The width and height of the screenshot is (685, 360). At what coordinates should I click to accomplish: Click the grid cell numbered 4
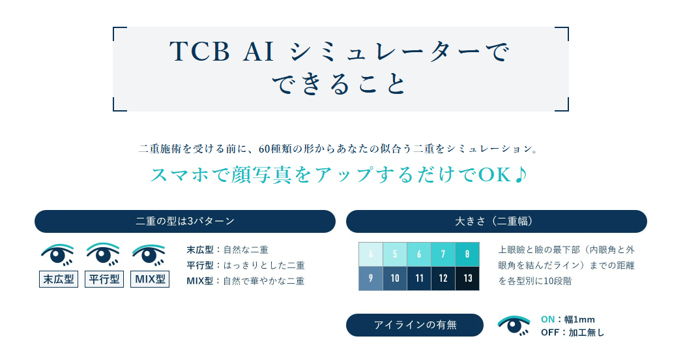tap(370, 254)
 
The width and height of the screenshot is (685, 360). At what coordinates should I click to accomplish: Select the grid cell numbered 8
tap(467, 254)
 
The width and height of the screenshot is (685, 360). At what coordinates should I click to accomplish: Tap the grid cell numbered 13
tap(467, 278)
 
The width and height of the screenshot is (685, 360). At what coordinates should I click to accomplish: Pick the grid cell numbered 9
tap(370, 278)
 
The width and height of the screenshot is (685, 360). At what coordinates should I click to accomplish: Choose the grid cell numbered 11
tap(419, 278)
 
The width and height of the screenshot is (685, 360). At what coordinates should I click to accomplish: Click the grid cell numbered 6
tap(419, 254)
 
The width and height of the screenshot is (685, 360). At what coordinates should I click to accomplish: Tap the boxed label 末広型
tap(59, 280)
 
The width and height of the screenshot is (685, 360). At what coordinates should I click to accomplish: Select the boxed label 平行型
tap(104, 280)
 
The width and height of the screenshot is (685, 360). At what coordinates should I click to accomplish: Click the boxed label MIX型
tap(150, 280)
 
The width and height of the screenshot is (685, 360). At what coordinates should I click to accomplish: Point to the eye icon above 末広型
tap(58, 254)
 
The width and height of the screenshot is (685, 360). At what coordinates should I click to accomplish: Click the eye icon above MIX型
tap(149, 254)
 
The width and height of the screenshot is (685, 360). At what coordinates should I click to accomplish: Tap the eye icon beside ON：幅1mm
tap(514, 325)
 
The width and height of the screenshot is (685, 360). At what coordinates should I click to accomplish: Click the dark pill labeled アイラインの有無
tap(415, 325)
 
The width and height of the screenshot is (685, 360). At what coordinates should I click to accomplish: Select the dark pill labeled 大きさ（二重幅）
tap(496, 222)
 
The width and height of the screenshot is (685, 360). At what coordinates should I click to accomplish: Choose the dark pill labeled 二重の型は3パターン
tap(184, 222)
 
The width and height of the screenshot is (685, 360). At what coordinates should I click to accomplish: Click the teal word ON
tap(547, 320)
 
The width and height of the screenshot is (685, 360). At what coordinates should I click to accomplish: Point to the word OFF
tap(550, 333)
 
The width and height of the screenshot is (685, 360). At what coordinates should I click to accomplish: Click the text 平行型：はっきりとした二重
tap(245, 265)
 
